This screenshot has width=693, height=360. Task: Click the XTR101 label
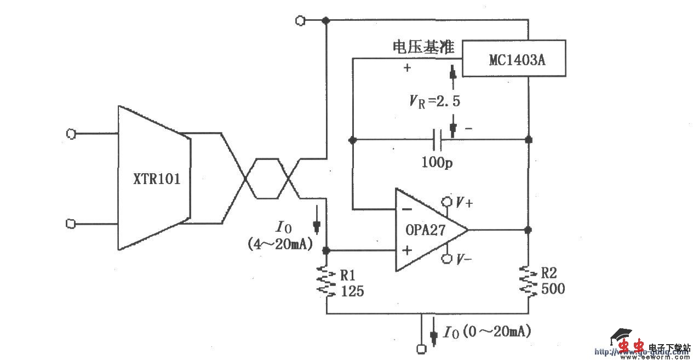[x=156, y=180]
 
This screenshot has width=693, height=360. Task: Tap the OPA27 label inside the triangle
[x=426, y=231]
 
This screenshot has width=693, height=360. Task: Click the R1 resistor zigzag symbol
[x=327, y=282]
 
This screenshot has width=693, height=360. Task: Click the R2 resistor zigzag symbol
[x=528, y=282]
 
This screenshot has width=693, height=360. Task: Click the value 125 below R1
[x=352, y=292]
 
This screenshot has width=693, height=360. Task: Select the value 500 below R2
[x=553, y=289]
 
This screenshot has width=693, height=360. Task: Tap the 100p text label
[x=437, y=162]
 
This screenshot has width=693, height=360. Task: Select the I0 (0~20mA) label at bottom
[x=487, y=332]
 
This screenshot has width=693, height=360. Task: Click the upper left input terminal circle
[x=70, y=133]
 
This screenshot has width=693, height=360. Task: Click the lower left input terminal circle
[x=70, y=224]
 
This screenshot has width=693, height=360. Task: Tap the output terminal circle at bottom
[x=421, y=348]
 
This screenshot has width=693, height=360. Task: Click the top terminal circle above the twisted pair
[x=299, y=20]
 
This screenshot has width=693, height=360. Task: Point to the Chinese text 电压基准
[x=423, y=47]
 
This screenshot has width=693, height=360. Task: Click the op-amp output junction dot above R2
[x=528, y=229]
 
